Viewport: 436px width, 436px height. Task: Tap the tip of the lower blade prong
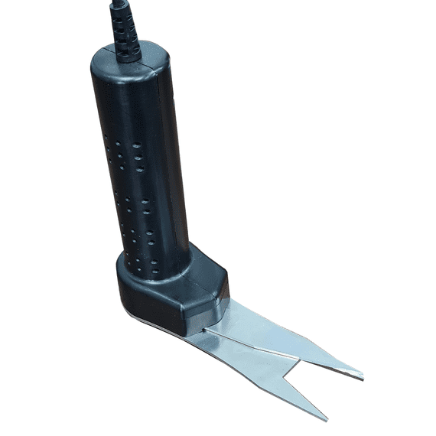point(326,418)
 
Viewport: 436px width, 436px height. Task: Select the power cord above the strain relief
point(117,6)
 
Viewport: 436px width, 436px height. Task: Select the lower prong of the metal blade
point(283,386)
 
